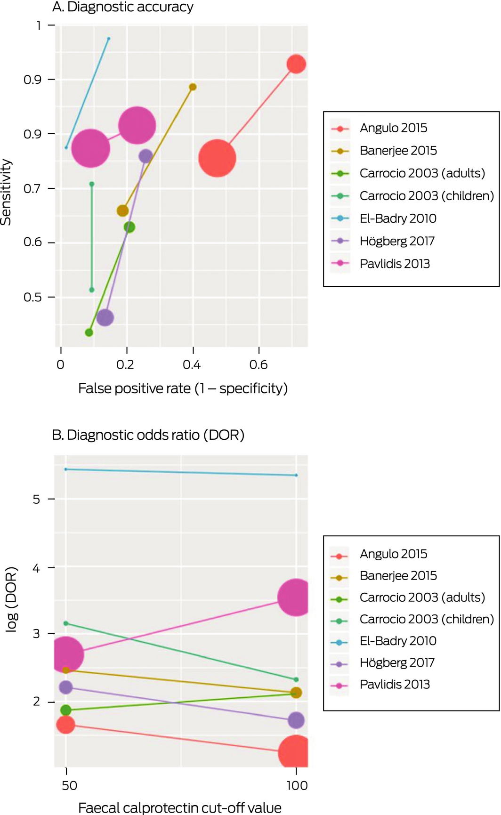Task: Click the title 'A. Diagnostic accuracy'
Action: coord(122,7)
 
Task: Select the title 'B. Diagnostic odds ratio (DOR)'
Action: coord(148,435)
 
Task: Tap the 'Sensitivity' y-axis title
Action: coord(6,192)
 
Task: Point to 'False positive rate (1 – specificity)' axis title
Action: coord(183,388)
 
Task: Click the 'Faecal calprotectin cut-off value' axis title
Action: coord(179,807)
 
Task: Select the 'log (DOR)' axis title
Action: coord(11,599)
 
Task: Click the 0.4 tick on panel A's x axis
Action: coord(192,364)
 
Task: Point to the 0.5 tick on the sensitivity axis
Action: coord(32,298)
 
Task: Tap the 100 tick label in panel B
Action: coord(297,785)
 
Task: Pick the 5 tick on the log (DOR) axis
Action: coord(37,499)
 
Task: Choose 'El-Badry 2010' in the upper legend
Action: coord(398,218)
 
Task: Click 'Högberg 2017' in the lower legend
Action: coord(397,662)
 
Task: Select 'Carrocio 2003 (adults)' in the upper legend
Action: coord(422,173)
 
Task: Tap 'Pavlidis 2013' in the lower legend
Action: coord(395,685)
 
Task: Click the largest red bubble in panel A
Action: coord(217,158)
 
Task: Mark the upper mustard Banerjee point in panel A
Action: coord(193,87)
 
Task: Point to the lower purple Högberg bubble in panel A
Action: coord(105,318)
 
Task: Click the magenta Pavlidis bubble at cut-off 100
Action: coord(296,597)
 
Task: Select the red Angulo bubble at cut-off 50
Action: coord(66,724)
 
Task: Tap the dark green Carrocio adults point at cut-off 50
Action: coord(66,710)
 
